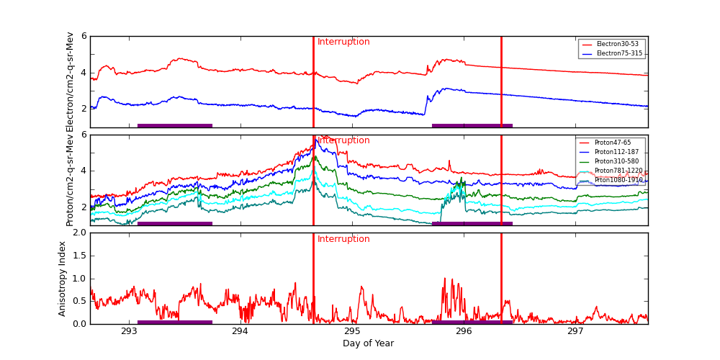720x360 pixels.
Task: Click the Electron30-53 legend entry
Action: point(612,45)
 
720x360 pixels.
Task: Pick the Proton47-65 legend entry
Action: point(612,143)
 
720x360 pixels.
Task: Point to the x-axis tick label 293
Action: point(130,332)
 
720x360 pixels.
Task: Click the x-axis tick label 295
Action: point(352,332)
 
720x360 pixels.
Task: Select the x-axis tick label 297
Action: point(575,332)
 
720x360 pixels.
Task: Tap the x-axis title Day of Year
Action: point(368,344)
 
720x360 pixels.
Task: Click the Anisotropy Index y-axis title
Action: point(63,279)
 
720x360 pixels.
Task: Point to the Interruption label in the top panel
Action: point(343,42)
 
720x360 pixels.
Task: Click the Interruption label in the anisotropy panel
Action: point(343,239)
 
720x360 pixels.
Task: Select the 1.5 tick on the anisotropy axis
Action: point(78,256)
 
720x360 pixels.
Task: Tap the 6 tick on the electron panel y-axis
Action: point(84,36)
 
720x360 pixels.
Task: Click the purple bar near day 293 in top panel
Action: point(175,125)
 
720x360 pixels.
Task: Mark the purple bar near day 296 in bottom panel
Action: point(472,322)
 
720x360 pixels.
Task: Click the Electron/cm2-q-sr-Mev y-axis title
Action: point(70,81)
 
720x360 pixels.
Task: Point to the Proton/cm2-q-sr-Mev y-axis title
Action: point(70,180)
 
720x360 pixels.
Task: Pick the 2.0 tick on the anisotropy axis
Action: point(78,233)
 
